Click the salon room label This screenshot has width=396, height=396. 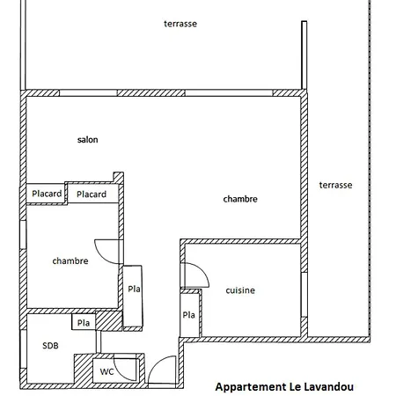(87, 140)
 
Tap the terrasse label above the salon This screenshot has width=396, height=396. (180, 24)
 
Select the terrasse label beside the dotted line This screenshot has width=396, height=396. (335, 185)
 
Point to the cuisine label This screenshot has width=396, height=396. (240, 290)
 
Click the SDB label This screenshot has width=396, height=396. (50, 346)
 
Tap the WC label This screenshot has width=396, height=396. (106, 371)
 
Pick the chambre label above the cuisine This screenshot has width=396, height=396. (240, 199)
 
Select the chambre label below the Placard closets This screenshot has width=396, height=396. (70, 260)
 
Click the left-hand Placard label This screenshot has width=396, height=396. (47, 194)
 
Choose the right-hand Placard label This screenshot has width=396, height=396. (92, 194)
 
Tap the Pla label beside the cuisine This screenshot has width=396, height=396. (188, 315)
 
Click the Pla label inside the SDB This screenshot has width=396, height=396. (84, 323)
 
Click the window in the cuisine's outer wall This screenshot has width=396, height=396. (304, 295)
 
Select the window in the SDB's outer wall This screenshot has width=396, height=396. (23, 348)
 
